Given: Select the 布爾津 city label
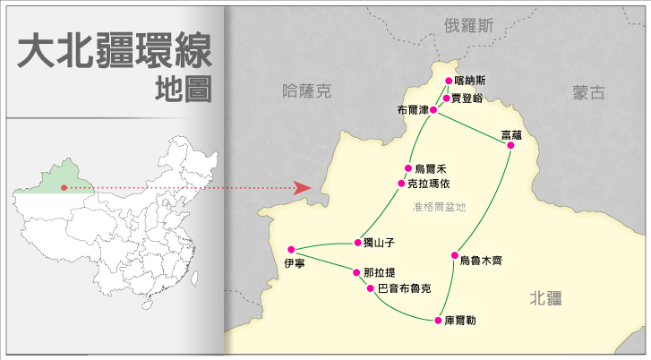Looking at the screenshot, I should [412, 110].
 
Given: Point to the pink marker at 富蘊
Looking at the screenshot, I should [510, 147].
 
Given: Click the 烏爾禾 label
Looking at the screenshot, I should [432, 168].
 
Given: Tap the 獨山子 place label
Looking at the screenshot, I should [378, 243].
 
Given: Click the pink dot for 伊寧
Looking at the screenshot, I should [291, 249].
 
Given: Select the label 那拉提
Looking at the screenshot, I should [379, 272].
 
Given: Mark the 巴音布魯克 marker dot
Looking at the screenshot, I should [371, 288].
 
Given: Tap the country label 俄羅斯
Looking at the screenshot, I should [468, 26].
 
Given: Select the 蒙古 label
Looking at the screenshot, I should [589, 92].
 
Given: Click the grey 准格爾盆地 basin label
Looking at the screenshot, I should [440, 207].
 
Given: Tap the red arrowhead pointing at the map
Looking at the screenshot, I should [302, 187].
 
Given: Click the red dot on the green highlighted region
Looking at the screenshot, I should [64, 187].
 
